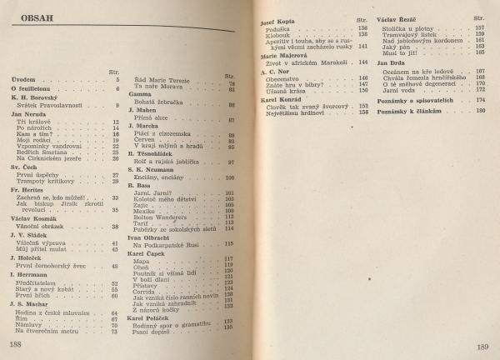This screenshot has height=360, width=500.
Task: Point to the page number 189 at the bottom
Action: pos(482,347)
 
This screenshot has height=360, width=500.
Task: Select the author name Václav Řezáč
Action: pos(396,17)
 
